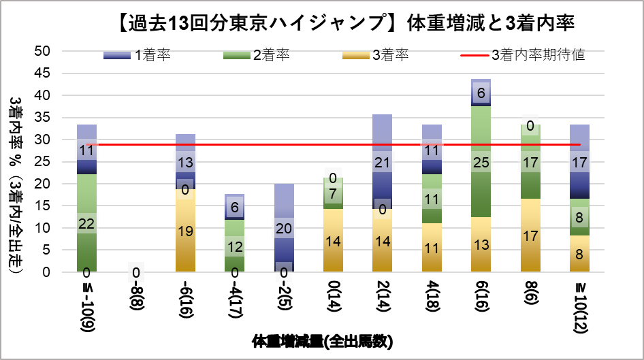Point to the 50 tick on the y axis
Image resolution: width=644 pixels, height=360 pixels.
[42, 51]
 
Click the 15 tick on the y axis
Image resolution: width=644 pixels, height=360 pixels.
[42, 206]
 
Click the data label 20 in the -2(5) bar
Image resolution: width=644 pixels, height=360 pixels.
[284, 228]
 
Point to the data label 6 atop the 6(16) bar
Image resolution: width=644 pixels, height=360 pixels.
[481, 93]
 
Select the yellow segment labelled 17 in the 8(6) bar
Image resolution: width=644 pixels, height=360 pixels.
[530, 235]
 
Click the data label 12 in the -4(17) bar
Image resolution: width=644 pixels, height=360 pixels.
[234, 247]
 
